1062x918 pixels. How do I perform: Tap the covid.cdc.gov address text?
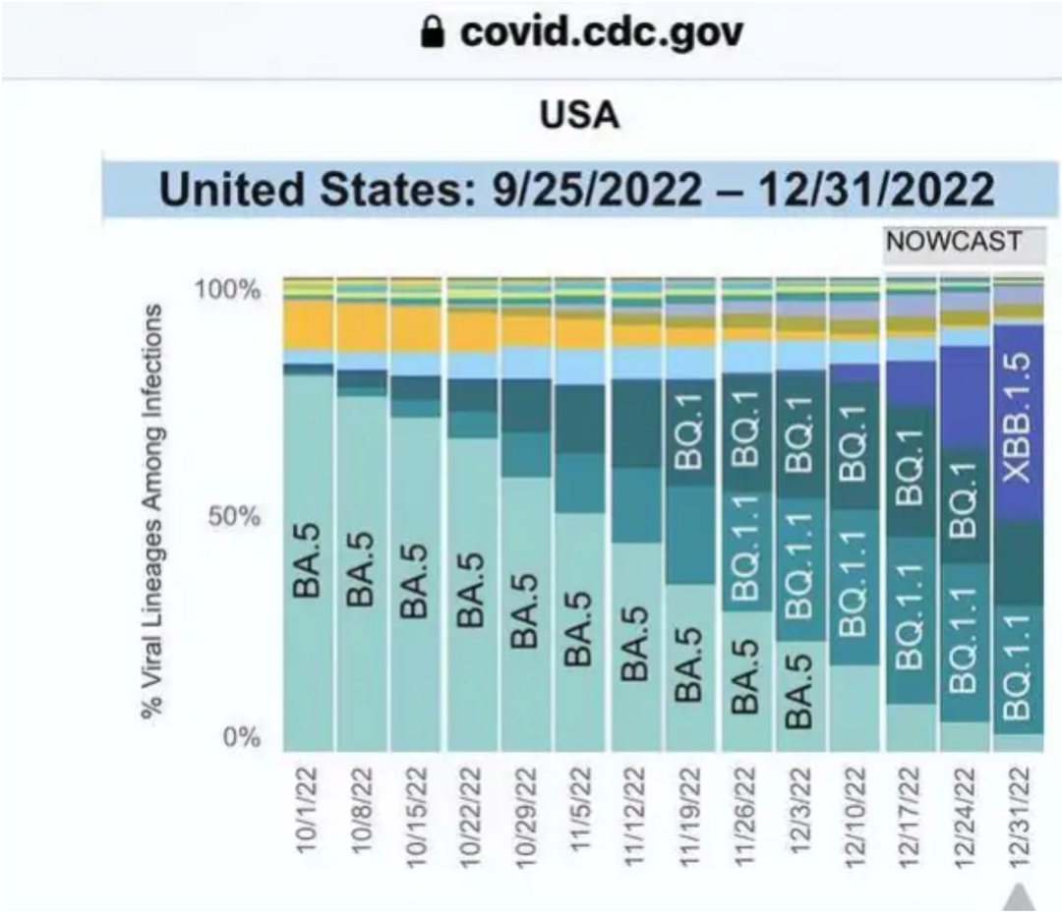(602, 34)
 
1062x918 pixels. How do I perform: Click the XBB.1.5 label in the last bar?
(1020, 417)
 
